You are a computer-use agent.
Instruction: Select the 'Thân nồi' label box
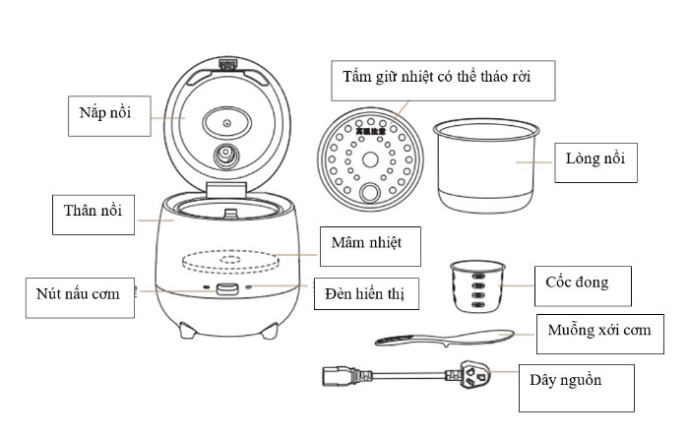(93, 215)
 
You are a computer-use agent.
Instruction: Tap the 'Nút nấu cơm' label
(80, 296)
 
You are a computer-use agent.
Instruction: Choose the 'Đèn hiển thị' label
(367, 293)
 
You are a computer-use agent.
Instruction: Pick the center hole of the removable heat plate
(371, 160)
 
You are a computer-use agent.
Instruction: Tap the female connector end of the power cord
(335, 375)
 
